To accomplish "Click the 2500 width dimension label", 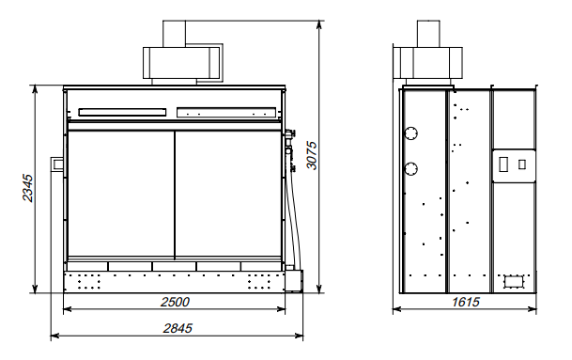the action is pos(175,302).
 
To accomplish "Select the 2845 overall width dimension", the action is pos(178,328).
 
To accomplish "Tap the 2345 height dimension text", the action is pos(28,188).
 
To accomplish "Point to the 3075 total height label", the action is pos(312,155).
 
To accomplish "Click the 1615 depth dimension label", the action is pos(466,302).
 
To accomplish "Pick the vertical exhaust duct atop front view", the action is pos(174,34).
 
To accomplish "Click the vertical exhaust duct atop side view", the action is pos(428,34).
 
